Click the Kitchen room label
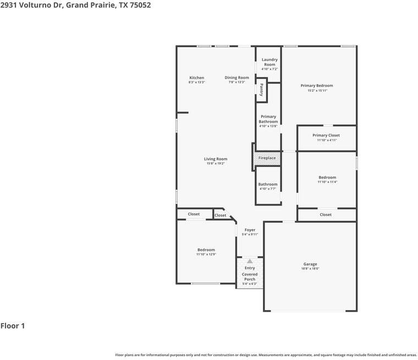(x=196, y=78)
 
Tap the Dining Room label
(x=237, y=78)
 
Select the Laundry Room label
(x=269, y=62)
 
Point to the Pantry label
(x=262, y=90)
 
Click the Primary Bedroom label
(x=316, y=86)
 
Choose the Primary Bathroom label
(x=268, y=119)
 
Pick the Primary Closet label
(x=326, y=135)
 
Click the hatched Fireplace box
(x=267, y=158)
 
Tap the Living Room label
(x=216, y=159)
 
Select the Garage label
(x=310, y=264)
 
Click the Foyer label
(x=250, y=230)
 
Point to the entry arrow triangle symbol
(x=250, y=261)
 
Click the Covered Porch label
(x=250, y=276)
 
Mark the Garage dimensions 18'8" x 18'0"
(x=310, y=269)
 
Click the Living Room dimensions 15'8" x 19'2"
(x=216, y=164)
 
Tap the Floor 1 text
(x=13, y=326)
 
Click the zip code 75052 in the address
(x=140, y=5)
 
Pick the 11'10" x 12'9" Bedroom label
(x=206, y=250)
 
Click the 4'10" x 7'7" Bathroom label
(x=268, y=185)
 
